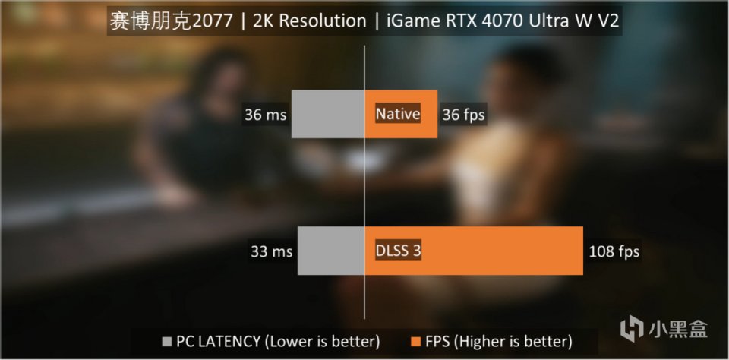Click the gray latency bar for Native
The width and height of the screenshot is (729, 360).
pyautogui.click(x=328, y=114)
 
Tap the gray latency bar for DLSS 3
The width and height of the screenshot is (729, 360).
pyautogui.click(x=331, y=250)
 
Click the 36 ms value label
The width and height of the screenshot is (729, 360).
pyautogui.click(x=265, y=115)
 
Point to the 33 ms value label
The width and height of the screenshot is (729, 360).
pyautogui.click(x=270, y=251)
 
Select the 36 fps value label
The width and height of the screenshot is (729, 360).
pyautogui.click(x=463, y=115)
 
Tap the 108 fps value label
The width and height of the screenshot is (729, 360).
pyautogui.click(x=614, y=251)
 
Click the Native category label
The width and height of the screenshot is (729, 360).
pyautogui.click(x=398, y=115)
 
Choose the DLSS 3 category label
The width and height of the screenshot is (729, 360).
pyautogui.click(x=398, y=251)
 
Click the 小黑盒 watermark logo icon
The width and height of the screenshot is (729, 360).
pyautogui.click(x=632, y=329)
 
